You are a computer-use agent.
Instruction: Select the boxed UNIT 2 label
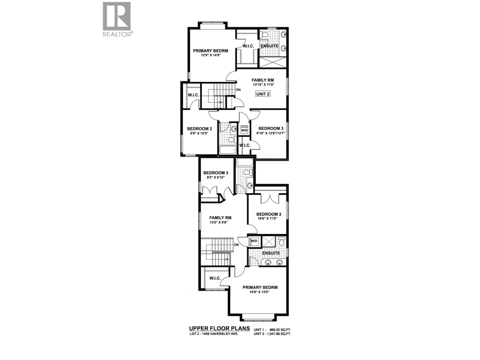(263, 94)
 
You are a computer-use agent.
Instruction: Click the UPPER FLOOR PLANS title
(219, 328)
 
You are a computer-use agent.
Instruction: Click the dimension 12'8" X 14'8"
(210, 55)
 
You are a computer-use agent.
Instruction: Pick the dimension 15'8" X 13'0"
(260, 292)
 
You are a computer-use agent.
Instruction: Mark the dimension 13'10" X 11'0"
(263, 85)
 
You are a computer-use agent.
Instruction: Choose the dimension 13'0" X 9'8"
(220, 223)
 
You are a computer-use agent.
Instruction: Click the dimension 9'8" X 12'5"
(199, 133)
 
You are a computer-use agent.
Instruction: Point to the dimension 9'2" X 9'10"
(216, 177)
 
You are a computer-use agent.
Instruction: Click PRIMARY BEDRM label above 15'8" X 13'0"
(260, 287)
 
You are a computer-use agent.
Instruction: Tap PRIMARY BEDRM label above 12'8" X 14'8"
(210, 50)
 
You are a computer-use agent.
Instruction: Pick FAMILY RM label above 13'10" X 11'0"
(263, 80)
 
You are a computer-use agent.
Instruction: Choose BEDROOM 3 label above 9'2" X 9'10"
(216, 172)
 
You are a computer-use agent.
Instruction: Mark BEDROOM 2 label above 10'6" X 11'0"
(268, 214)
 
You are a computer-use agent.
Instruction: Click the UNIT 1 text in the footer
(259, 329)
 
